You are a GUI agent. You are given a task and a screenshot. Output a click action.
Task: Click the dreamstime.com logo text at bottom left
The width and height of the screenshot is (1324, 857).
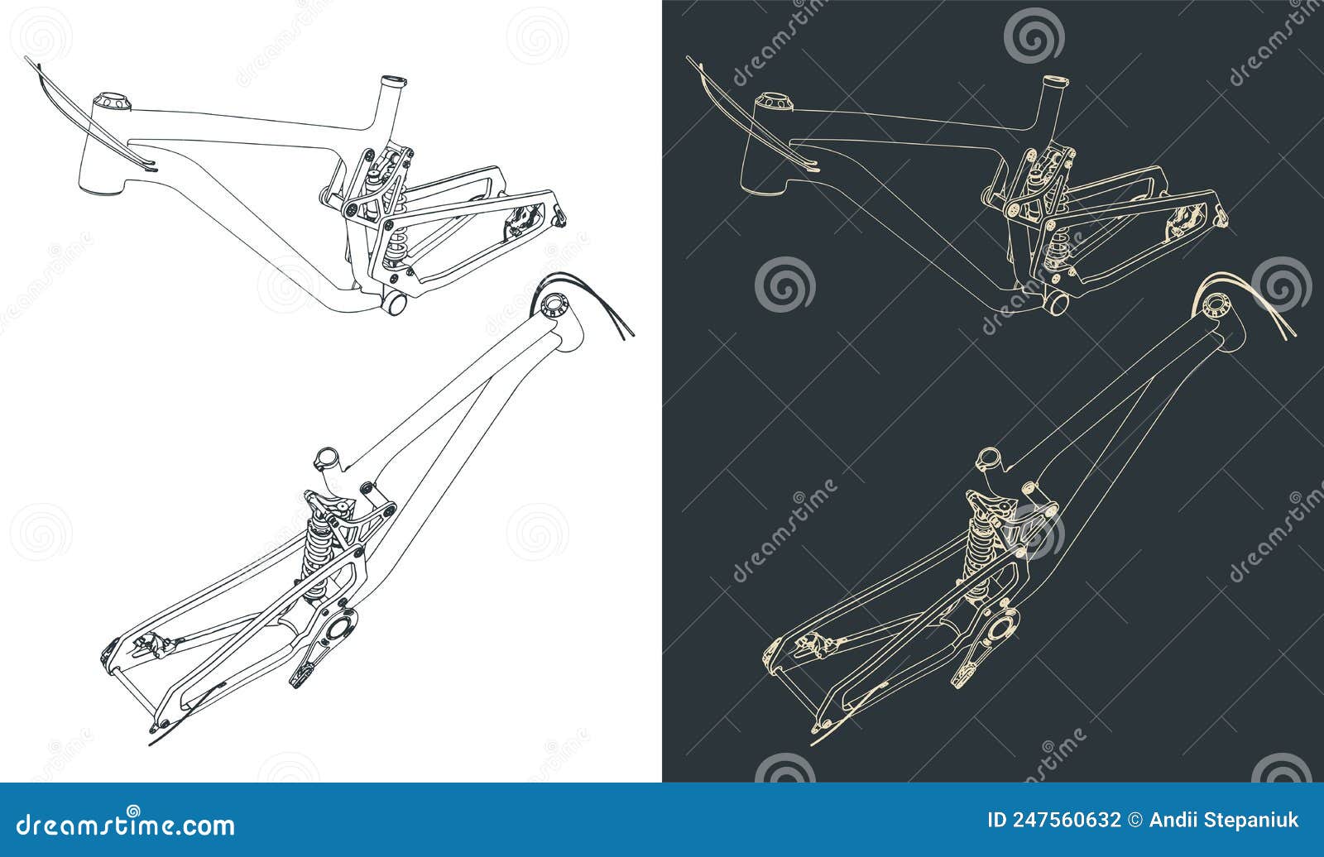click(x=127, y=825)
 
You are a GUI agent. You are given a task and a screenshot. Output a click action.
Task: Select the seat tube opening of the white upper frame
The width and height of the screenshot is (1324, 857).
click(x=393, y=83)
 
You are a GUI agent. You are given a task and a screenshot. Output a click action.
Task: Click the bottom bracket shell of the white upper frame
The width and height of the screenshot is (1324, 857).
click(x=396, y=304)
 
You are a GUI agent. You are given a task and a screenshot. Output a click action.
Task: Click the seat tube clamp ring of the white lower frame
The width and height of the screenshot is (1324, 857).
click(x=326, y=457)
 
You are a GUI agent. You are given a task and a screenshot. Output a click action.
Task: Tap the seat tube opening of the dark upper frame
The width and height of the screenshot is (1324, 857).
click(x=1054, y=83)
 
